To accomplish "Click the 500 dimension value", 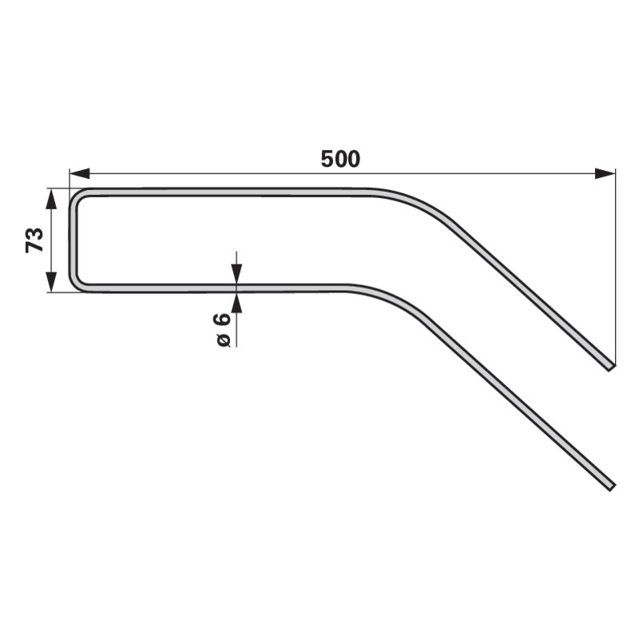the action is coord(340,159).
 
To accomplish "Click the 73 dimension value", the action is coord(34,240).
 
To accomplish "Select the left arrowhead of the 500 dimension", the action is coord(80,173).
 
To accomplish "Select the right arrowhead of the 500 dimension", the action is coord(605,173).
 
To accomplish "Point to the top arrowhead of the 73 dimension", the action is coord(51,199).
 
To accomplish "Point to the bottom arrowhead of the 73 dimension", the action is coord(51,282).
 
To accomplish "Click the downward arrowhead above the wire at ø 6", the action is coord(236,274).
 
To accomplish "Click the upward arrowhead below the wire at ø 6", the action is coord(236,303).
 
